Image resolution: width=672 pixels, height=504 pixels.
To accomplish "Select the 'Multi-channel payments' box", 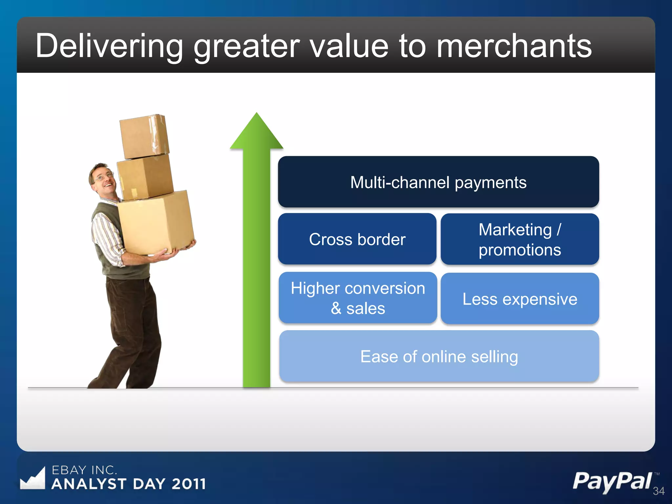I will coord(438,182).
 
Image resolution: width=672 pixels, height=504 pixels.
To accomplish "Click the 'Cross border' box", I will coord(357,239).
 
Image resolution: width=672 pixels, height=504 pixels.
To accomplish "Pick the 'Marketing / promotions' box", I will coord(520,239).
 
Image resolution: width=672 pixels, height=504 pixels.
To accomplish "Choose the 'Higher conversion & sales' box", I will coord(358,298).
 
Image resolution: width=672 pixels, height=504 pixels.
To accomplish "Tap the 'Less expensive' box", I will coord(520,299).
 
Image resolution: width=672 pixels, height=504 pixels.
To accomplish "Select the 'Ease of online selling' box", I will coord(439,356).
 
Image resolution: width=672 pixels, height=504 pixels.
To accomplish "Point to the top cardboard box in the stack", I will coord(144,136).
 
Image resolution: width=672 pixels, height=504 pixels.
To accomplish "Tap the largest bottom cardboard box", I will coord(156,223).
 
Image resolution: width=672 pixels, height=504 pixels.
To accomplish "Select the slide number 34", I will coord(659,491).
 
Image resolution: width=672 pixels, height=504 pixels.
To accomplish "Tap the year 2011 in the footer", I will coord(189,484).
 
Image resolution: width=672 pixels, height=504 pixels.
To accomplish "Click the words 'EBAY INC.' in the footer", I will coord(84,470).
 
